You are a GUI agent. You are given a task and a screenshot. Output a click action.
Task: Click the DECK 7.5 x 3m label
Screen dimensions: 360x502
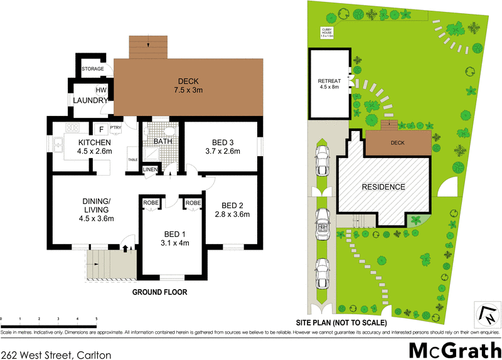(189, 85)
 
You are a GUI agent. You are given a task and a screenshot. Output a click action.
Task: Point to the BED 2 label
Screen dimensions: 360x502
(233, 209)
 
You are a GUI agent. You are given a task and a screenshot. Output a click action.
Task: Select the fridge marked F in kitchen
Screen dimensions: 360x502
(100, 129)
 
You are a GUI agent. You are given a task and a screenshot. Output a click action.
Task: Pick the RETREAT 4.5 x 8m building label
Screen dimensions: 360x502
(329, 84)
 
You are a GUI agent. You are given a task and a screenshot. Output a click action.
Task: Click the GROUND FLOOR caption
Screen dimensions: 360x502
(159, 292)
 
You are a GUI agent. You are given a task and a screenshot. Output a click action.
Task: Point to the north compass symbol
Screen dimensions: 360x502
(487, 314)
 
